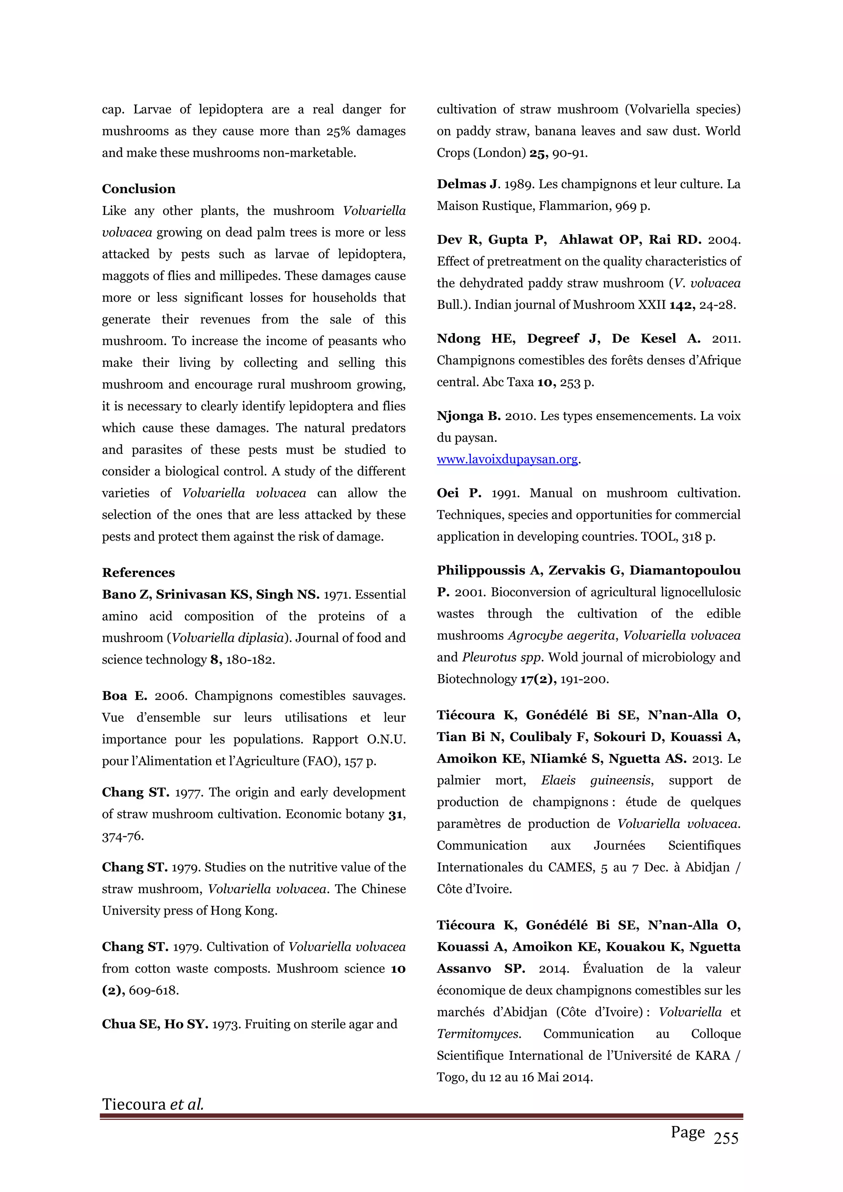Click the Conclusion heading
tap(139, 189)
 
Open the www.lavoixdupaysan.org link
tap(507, 460)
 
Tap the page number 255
tap(726, 1138)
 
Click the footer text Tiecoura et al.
tap(153, 1104)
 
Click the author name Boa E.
tap(124, 696)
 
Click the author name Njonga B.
tap(468, 416)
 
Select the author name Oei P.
tap(459, 493)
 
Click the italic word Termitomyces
tap(479, 1033)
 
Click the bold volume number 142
tap(682, 305)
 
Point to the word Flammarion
tap(575, 206)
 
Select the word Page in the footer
tap(687, 1132)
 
